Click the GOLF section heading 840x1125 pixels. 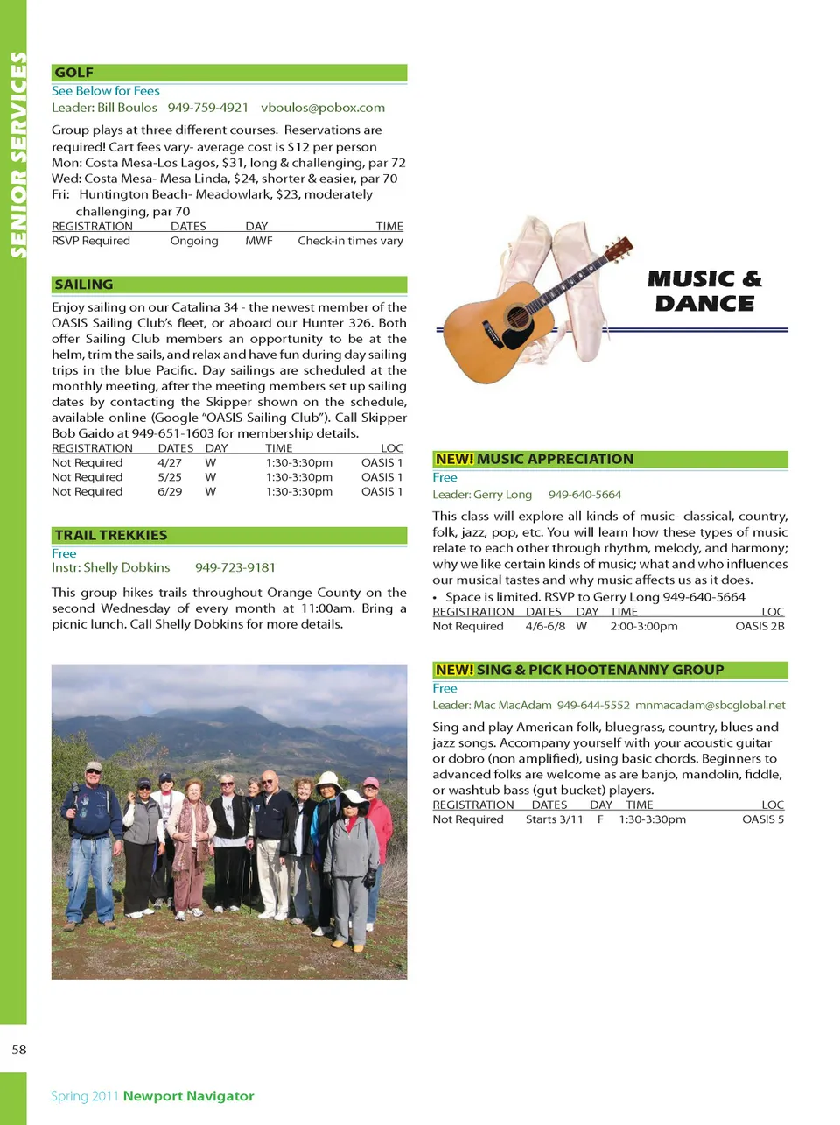coord(74,73)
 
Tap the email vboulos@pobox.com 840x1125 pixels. coord(323,108)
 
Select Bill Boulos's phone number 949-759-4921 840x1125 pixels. coord(208,108)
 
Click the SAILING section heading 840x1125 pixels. coord(84,285)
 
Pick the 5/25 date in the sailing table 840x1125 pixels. coord(170,477)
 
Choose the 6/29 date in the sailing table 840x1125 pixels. coord(170,491)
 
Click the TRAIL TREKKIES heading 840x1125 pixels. coord(111,535)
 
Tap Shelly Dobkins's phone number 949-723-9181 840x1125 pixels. coord(235,567)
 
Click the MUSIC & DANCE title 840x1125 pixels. coord(704,292)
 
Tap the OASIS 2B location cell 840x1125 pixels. coord(759,626)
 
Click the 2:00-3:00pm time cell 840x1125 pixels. coord(644,626)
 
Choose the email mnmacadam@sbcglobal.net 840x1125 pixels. coord(710,705)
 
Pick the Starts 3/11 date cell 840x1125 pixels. coord(554,819)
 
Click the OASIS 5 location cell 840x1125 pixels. coord(763,819)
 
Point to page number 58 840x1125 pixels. coord(19,1049)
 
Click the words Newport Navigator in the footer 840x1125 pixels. coord(189,1096)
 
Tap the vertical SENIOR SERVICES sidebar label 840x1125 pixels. coord(17,155)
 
